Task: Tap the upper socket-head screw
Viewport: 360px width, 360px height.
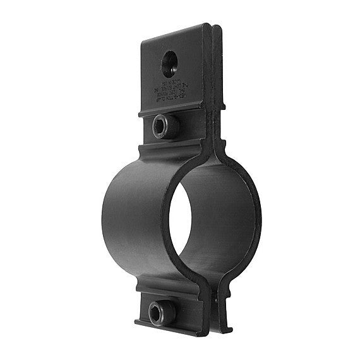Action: click(x=166, y=126)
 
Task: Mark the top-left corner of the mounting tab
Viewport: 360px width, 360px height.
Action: click(x=142, y=41)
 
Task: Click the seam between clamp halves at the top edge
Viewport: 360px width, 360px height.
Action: click(x=213, y=27)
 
